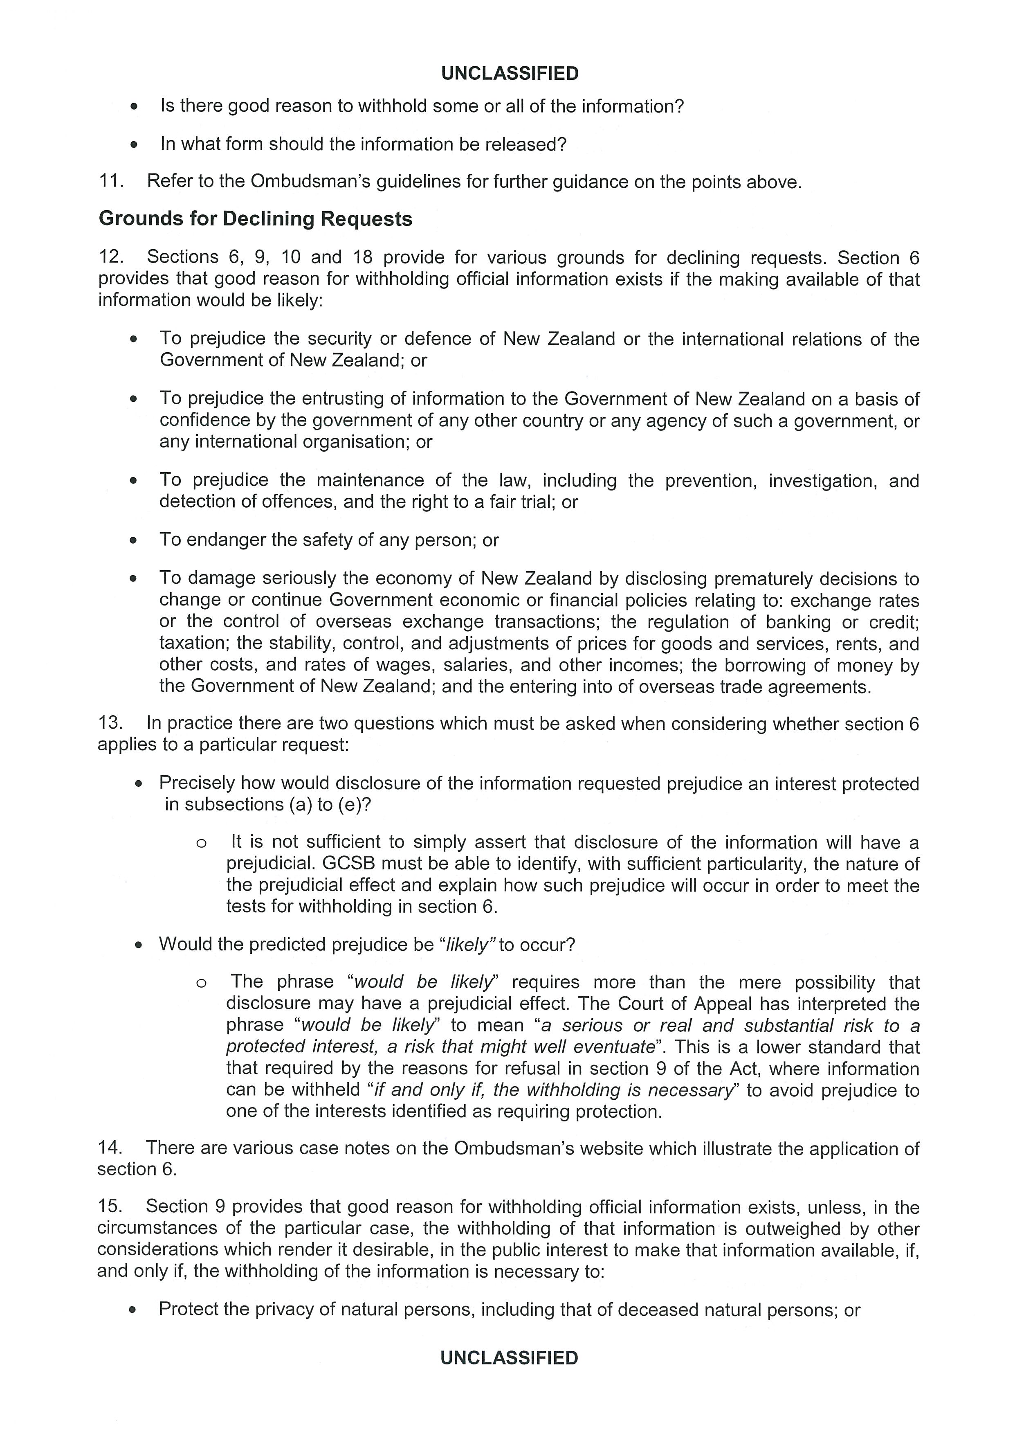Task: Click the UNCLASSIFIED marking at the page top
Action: pyautogui.click(x=510, y=74)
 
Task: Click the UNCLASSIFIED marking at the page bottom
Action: pyautogui.click(x=510, y=1358)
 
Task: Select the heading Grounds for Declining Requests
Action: pyautogui.click(x=255, y=219)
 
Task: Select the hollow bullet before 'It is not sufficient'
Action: pyautogui.click(x=201, y=843)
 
